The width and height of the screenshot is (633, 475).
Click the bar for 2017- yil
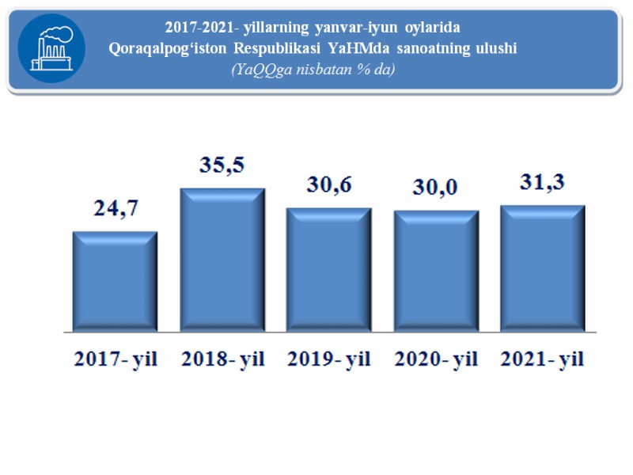click(x=115, y=281)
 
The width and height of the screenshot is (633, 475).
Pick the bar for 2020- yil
click(x=437, y=271)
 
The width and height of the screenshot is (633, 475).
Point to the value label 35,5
click(x=223, y=167)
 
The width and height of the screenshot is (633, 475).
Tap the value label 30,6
click(x=330, y=186)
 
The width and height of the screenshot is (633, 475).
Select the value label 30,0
click(x=437, y=189)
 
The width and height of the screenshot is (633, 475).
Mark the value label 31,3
click(x=544, y=183)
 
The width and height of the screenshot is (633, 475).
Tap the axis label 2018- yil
click(x=222, y=359)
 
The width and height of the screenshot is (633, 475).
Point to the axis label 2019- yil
click(x=329, y=359)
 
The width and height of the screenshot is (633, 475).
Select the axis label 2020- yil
click(x=437, y=359)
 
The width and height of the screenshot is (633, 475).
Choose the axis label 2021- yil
click(x=543, y=359)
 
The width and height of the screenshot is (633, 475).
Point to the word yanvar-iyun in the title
click(x=372, y=28)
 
